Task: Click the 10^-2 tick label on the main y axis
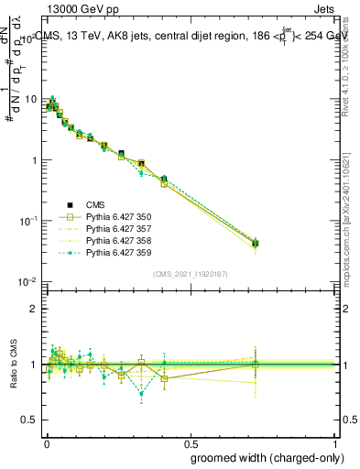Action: (27, 281)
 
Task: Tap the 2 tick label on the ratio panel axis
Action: (35, 309)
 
